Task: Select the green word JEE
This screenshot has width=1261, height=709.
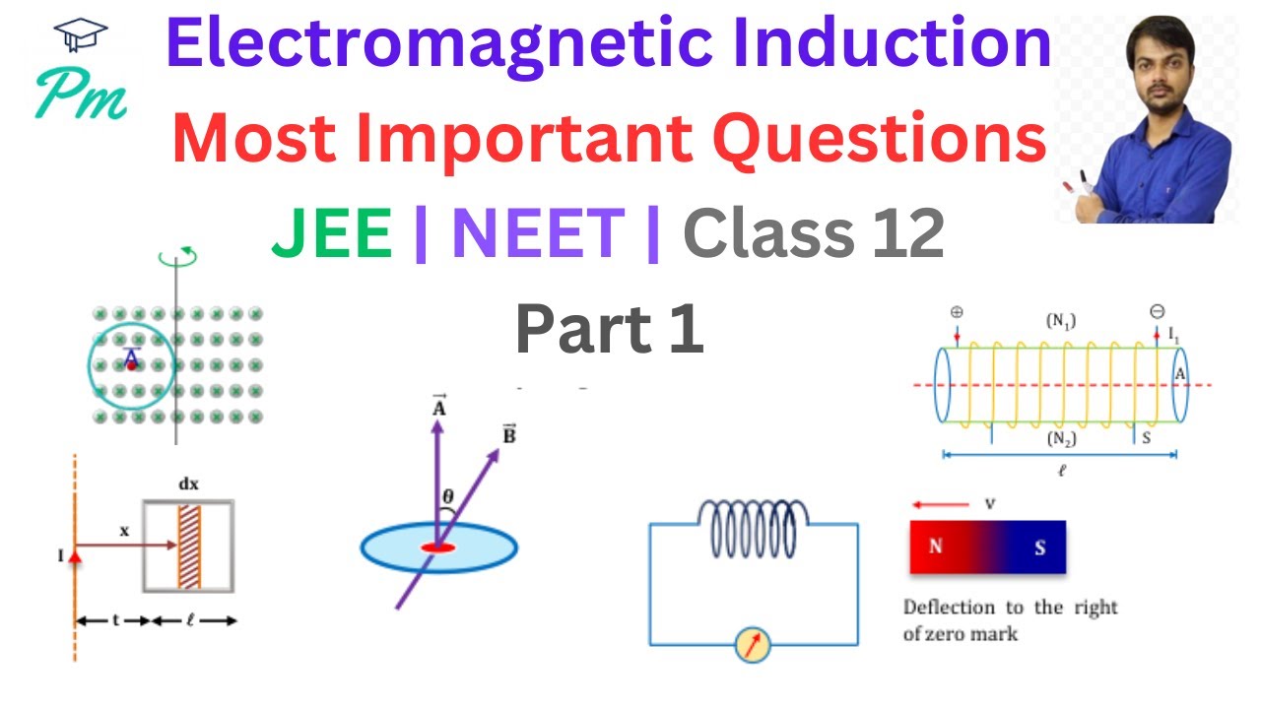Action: (332, 236)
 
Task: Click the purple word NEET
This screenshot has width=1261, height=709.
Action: (538, 236)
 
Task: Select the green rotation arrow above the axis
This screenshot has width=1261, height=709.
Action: (177, 259)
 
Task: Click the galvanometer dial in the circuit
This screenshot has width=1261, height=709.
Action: (754, 646)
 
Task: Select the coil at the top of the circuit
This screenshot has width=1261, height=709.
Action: (754, 528)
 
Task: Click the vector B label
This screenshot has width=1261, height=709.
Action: (508, 434)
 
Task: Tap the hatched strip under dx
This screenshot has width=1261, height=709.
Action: (188, 547)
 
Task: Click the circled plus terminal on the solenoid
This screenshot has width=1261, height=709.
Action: (956, 313)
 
